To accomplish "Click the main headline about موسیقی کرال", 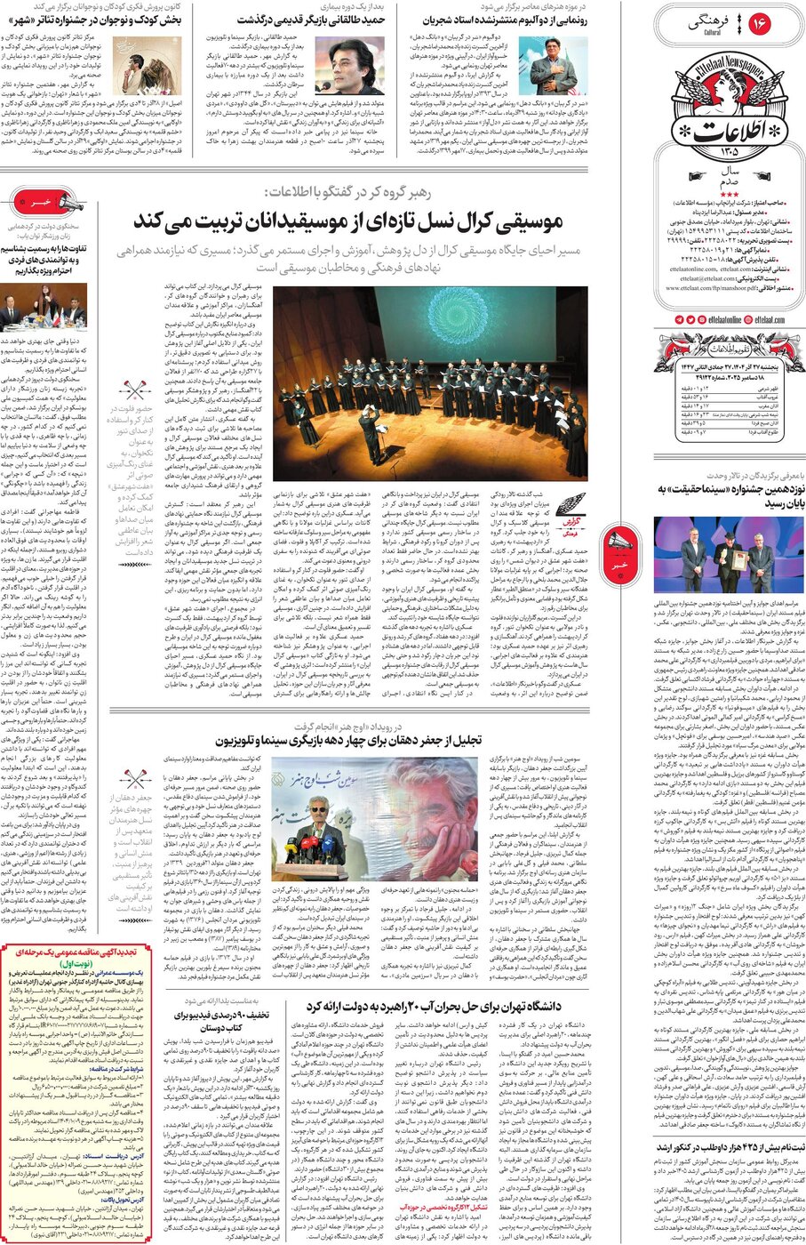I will click(x=347, y=221).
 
